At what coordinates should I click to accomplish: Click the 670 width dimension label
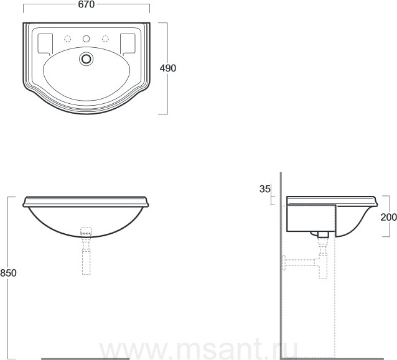[86, 4]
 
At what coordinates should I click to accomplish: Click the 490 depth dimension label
[168, 68]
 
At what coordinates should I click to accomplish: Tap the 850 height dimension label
[8, 273]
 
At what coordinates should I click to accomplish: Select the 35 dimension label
[265, 189]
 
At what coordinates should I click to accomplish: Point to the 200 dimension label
[389, 217]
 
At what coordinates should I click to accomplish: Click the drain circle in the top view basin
[86, 59]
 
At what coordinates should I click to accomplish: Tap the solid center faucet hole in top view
[86, 39]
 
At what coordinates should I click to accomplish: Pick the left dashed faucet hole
[67, 39]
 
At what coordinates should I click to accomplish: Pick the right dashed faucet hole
[105, 39]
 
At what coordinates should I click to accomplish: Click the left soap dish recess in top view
[45, 44]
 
